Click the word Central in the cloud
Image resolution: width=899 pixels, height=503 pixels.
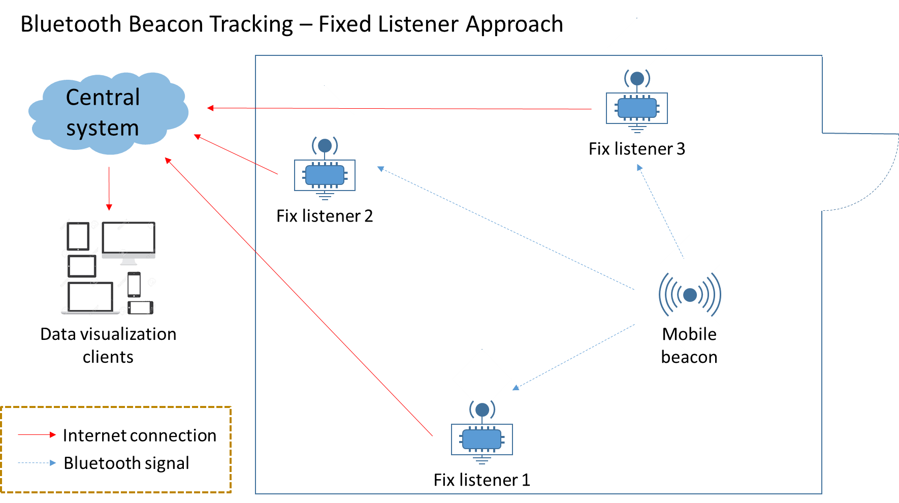[103, 97]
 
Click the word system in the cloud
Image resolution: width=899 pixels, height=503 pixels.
[103, 128]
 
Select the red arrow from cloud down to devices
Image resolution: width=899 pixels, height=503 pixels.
[109, 188]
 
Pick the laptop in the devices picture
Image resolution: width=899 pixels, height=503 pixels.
[90, 298]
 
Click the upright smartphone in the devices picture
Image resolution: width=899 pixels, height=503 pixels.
[134, 285]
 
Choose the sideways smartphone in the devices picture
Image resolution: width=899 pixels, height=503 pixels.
[140, 307]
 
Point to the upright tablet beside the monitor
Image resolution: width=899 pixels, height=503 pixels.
[78, 236]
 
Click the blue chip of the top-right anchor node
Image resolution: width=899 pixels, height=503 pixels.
[637, 108]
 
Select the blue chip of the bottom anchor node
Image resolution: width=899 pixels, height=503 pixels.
[482, 439]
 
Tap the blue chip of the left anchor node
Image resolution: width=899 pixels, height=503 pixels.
[325, 175]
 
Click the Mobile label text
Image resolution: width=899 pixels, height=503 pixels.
[689, 334]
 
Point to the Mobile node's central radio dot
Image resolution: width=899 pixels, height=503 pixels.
[690, 295]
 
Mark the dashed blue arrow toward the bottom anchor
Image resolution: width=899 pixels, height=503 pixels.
[574, 357]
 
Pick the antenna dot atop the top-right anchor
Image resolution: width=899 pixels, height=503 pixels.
[637, 79]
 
